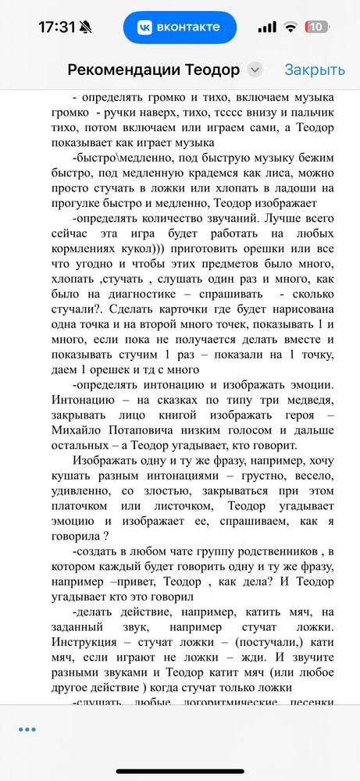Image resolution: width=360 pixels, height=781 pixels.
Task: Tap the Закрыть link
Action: pos(314,70)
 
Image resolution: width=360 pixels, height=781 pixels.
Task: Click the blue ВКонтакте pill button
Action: pos(180,27)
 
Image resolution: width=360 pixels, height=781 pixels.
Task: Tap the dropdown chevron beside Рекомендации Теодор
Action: pos(255,70)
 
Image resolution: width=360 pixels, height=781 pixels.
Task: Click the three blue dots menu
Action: pos(27,729)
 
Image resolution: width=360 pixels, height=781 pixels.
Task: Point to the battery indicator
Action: pos(316,27)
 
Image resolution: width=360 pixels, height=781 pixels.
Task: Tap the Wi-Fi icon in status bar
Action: pos(290,27)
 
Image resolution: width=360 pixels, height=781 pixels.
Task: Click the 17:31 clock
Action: pos(56,27)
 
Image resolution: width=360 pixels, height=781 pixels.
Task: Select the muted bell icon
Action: pos(85,27)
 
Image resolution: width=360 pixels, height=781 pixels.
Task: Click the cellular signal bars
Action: pos(267,27)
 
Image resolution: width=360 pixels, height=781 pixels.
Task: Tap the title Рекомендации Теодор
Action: pos(154,70)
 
